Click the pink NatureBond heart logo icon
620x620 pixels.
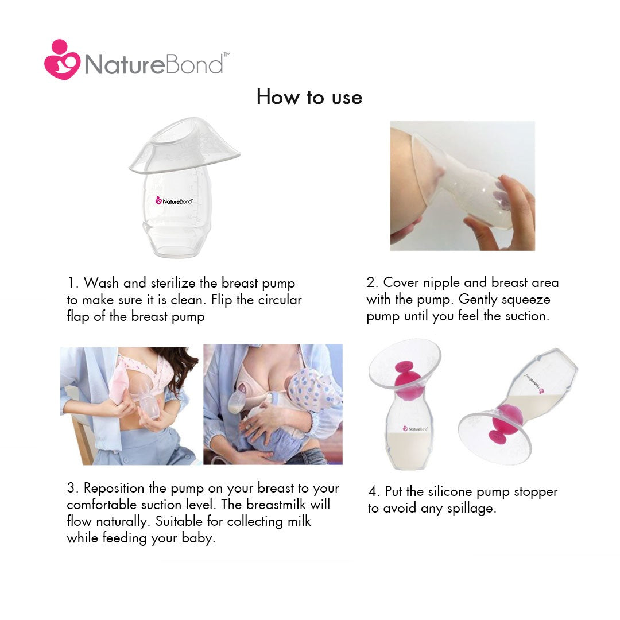tap(62, 59)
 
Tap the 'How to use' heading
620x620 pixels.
tap(309, 97)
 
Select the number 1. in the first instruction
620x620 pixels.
tap(72, 283)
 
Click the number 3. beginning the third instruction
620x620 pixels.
tap(72, 489)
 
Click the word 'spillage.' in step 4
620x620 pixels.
tap(468, 509)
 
